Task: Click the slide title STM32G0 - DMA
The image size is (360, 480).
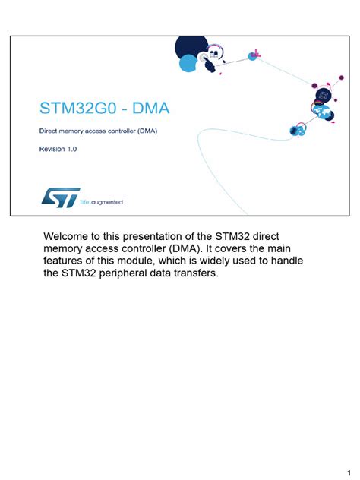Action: [x=105, y=109]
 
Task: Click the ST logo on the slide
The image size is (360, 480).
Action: [x=58, y=197]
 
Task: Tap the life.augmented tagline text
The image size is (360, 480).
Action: [x=102, y=202]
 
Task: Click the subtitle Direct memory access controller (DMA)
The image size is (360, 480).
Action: [x=99, y=131]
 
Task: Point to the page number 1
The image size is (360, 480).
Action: [x=347, y=463]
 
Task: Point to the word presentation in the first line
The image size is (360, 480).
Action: [x=165, y=236]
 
